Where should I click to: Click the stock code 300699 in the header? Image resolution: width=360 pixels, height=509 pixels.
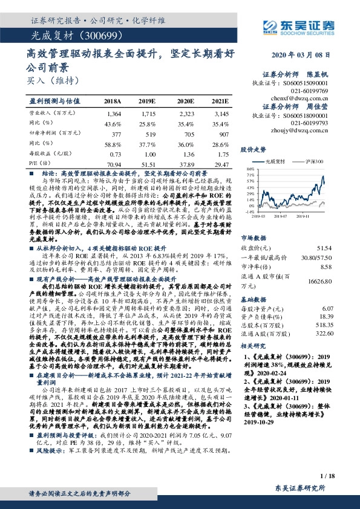tap(90, 34)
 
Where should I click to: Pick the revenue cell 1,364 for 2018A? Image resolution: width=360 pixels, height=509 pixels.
tap(114, 114)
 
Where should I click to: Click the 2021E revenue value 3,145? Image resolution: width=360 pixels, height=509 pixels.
tap(221, 114)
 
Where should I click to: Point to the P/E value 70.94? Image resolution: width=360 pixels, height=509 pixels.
tap(113, 163)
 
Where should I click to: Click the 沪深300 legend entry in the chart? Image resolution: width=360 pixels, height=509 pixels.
tap(314, 162)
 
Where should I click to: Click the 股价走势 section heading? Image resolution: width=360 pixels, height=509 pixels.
tap(254, 149)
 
